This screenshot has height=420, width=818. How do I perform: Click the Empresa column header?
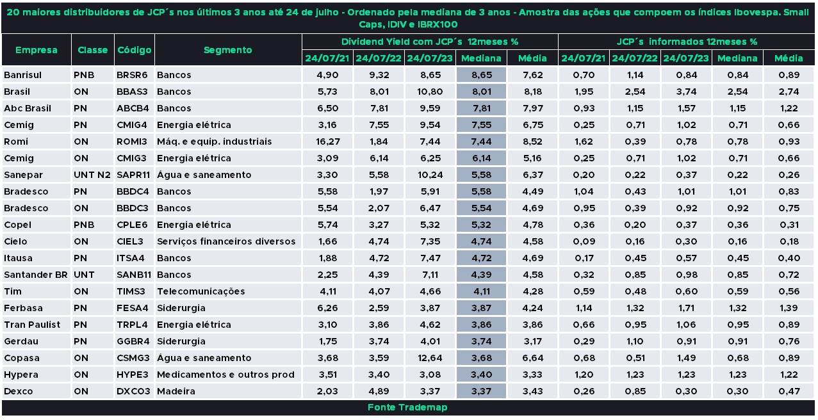36,50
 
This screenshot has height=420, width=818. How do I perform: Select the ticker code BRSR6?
132,75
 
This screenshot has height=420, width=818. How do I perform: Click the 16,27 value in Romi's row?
327,141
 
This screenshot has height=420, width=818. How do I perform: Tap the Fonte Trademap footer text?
407,407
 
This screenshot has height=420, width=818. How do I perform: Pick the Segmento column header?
227,50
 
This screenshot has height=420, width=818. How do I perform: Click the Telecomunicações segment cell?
200,291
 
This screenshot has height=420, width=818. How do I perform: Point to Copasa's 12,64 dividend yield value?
429,358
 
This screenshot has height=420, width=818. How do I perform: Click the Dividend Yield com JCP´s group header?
429,42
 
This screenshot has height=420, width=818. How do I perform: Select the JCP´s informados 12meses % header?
687,42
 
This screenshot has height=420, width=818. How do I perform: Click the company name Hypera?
21,375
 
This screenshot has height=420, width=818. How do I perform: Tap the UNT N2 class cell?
92,175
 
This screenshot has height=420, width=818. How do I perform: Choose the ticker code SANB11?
133,275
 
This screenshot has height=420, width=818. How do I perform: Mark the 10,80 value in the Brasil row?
429,92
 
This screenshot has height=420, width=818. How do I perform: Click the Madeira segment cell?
176,391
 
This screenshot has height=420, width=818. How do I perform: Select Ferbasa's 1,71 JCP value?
685,308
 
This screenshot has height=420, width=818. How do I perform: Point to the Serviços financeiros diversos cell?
226,241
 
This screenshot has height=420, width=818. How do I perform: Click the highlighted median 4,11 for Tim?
481,291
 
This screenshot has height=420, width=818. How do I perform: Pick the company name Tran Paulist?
31,325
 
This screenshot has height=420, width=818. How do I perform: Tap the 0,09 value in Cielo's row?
583,241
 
